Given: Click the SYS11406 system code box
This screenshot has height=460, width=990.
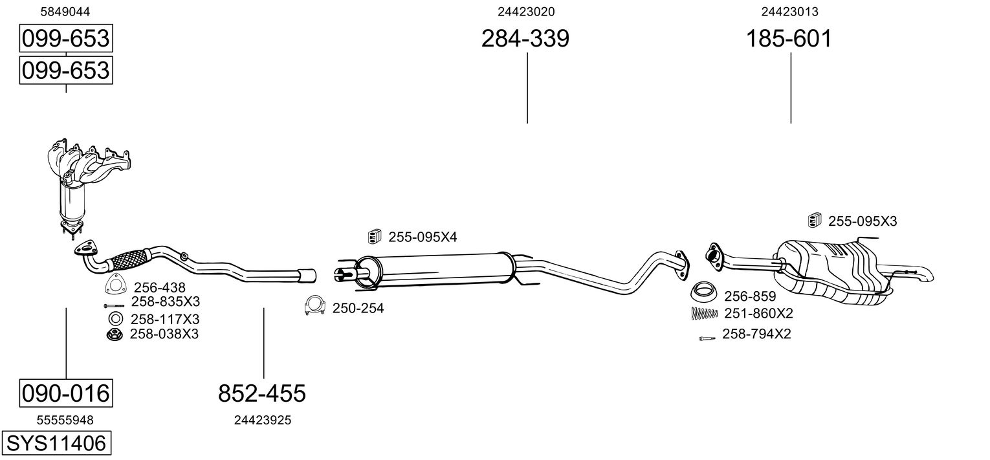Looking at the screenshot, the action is pyautogui.click(x=56, y=443).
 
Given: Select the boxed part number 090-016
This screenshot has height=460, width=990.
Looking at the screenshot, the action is pyautogui.click(x=66, y=393).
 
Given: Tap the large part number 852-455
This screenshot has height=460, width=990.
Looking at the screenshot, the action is pyautogui.click(x=261, y=393).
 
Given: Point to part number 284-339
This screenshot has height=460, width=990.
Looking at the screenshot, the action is pyautogui.click(x=525, y=38).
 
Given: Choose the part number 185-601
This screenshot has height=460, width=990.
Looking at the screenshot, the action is pyautogui.click(x=789, y=38).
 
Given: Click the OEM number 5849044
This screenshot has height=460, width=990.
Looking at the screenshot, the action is pyautogui.click(x=65, y=12).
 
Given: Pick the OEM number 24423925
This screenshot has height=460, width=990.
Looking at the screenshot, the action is pyautogui.click(x=263, y=421).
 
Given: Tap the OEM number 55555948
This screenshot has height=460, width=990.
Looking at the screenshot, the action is pyautogui.click(x=65, y=421).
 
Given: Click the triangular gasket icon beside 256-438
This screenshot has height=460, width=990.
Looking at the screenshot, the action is pyautogui.click(x=116, y=285).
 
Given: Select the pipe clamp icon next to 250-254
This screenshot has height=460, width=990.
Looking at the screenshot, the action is pyautogui.click(x=314, y=305).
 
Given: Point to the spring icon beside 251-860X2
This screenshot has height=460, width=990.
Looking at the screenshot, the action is pyautogui.click(x=704, y=313).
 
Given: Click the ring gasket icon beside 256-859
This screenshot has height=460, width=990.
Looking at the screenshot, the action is pyautogui.click(x=704, y=292).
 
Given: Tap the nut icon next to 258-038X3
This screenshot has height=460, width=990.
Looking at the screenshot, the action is pyautogui.click(x=115, y=334).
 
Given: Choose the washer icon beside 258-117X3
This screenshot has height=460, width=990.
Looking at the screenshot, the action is pyautogui.click(x=116, y=318).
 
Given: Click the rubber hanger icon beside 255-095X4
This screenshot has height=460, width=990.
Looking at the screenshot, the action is pyautogui.click(x=375, y=236).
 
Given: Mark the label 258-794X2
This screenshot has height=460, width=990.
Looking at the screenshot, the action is pyautogui.click(x=756, y=334).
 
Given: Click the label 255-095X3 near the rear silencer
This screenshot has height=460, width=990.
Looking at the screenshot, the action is pyautogui.click(x=863, y=221).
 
